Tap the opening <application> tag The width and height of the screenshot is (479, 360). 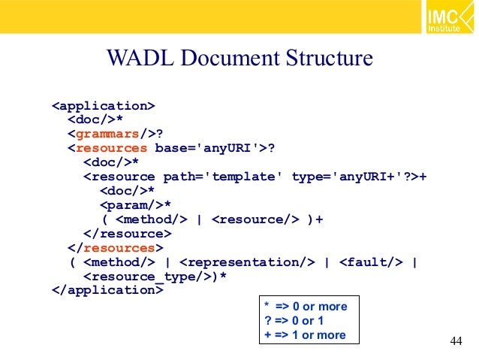(104, 105)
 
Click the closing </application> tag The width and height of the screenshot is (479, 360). (107, 291)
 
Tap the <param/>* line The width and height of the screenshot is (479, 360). (135, 205)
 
